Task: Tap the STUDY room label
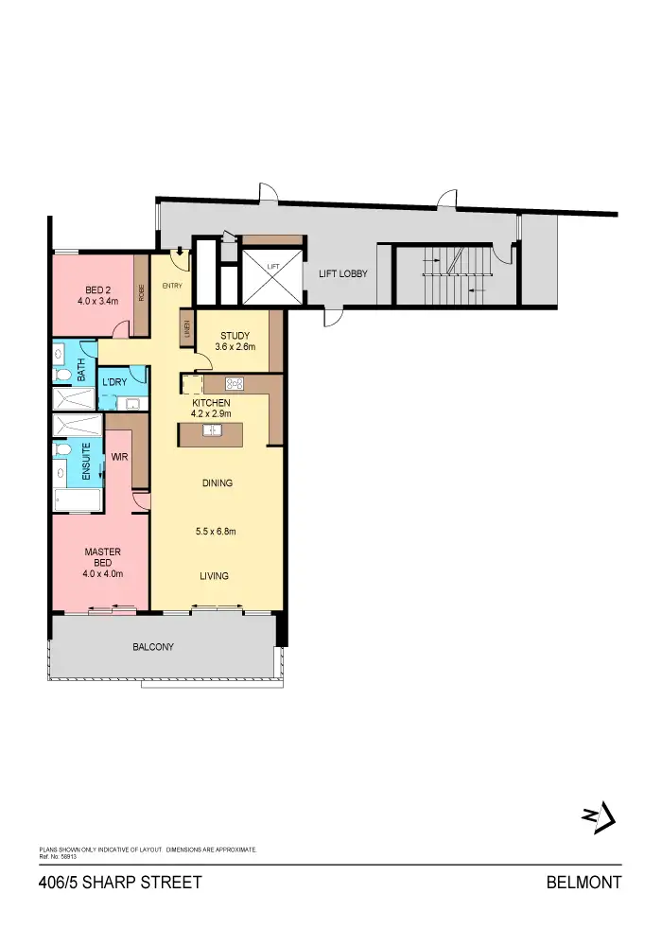(x=235, y=336)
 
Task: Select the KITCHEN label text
(x=210, y=403)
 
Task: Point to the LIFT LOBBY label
(x=342, y=274)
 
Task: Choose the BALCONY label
(x=152, y=647)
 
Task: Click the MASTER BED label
(x=102, y=558)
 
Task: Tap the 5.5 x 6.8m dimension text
(x=217, y=532)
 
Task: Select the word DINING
(x=217, y=483)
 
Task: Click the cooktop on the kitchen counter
(x=235, y=383)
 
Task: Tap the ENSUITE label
(x=85, y=463)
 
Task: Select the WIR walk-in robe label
(x=119, y=457)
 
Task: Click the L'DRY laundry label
(x=116, y=383)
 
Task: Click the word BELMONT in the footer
(x=584, y=883)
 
